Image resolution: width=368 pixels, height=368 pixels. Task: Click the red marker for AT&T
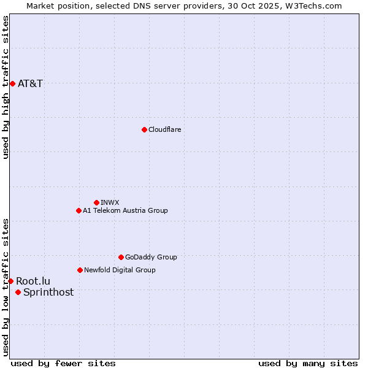[x=12, y=83]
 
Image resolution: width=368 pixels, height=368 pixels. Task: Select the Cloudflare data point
[x=144, y=129]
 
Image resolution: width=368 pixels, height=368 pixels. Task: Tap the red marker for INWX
[x=96, y=202]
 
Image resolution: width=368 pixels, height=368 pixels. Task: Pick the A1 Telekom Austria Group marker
[x=79, y=210]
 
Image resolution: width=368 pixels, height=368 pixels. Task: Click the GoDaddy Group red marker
[x=121, y=257]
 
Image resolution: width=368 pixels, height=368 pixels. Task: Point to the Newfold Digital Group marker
[x=80, y=270]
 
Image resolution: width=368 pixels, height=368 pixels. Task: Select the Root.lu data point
[x=10, y=281]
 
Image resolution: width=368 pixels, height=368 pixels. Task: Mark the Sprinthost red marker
[x=18, y=292]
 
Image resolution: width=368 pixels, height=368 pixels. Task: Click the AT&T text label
[x=30, y=83]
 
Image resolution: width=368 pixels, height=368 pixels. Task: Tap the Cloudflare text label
[x=164, y=129]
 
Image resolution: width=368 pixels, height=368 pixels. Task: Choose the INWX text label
[x=110, y=202]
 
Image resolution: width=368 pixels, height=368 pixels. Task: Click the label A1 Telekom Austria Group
[x=125, y=210]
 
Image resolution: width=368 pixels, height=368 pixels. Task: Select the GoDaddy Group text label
[x=151, y=257]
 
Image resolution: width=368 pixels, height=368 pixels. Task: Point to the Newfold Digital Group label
[x=120, y=270]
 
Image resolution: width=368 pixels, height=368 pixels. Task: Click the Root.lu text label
[x=33, y=281]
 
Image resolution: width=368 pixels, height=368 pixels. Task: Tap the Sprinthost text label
[x=48, y=292]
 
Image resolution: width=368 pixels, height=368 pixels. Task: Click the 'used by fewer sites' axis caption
[x=63, y=363]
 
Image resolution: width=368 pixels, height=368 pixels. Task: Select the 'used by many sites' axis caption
[x=308, y=363]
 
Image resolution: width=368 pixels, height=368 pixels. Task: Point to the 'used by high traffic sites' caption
[x=6, y=87]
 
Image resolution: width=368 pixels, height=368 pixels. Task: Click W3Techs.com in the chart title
[x=312, y=6]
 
